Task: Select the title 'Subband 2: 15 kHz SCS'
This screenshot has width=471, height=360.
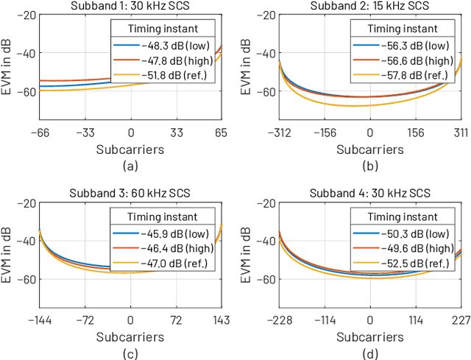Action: click(x=369, y=7)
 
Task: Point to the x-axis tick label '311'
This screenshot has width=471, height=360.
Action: click(x=460, y=133)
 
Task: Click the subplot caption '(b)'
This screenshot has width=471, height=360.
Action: click(x=369, y=165)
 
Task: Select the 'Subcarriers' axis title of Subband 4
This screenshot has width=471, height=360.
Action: click(x=369, y=336)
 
